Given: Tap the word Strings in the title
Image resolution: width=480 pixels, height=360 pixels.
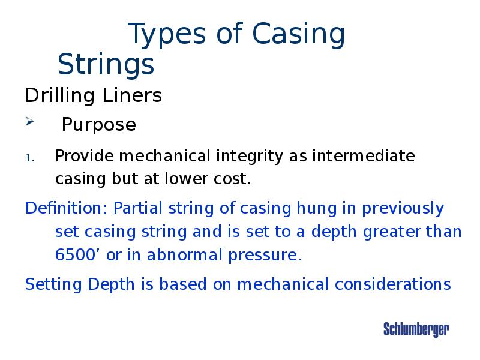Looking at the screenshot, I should [x=106, y=64].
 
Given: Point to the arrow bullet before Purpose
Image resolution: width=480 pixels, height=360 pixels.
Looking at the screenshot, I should [x=30, y=123].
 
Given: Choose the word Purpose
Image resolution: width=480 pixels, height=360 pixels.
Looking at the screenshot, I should [x=99, y=125].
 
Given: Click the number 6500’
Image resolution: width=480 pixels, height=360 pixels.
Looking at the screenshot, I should [x=78, y=255].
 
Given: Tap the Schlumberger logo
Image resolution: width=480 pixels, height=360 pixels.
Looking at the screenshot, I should [x=416, y=329].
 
